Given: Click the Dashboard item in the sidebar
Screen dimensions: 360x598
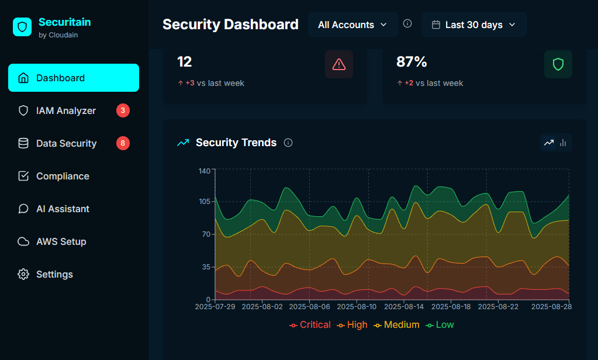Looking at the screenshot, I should [73, 78].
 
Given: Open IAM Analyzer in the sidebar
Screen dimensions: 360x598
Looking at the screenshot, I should [65, 110].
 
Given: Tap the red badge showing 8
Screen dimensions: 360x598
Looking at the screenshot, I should [123, 143].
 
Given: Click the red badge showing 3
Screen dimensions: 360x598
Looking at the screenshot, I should [123, 110].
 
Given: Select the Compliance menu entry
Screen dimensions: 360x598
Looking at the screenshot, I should [63, 176].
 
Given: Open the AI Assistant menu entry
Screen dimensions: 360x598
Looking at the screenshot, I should [63, 209].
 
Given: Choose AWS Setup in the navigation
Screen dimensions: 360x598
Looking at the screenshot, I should [61, 241].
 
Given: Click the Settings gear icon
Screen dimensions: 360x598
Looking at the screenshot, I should [23, 274].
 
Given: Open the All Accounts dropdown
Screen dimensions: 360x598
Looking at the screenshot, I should [352, 25].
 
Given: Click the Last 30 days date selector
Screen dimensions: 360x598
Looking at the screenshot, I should [473, 25].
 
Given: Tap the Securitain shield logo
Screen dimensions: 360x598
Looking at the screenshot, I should [22, 27].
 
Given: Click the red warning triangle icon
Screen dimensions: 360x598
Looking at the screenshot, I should [339, 64].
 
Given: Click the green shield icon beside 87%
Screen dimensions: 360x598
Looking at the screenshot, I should [558, 64].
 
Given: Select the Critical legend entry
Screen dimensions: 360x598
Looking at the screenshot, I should [310, 325].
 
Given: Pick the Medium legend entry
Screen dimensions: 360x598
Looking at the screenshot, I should [397, 325].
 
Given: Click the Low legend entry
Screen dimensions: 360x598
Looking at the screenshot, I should [440, 325].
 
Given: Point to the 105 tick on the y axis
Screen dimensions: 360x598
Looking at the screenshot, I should [204, 202].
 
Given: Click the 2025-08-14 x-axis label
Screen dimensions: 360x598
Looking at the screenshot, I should [403, 306].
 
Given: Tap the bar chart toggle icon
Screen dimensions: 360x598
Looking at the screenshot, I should [563, 143].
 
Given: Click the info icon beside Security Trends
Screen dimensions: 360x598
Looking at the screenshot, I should [288, 143].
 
